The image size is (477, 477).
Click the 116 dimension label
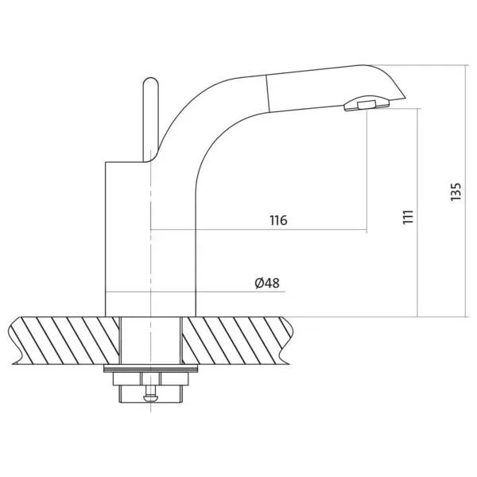point(278,220)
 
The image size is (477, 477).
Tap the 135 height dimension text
point(456,192)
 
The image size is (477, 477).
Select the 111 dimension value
point(409,217)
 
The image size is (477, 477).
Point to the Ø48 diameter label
point(267,283)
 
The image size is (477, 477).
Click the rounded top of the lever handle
point(150,81)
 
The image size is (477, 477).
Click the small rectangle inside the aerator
point(366,105)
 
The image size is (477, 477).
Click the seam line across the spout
point(268,93)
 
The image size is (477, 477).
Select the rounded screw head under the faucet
point(151,397)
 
